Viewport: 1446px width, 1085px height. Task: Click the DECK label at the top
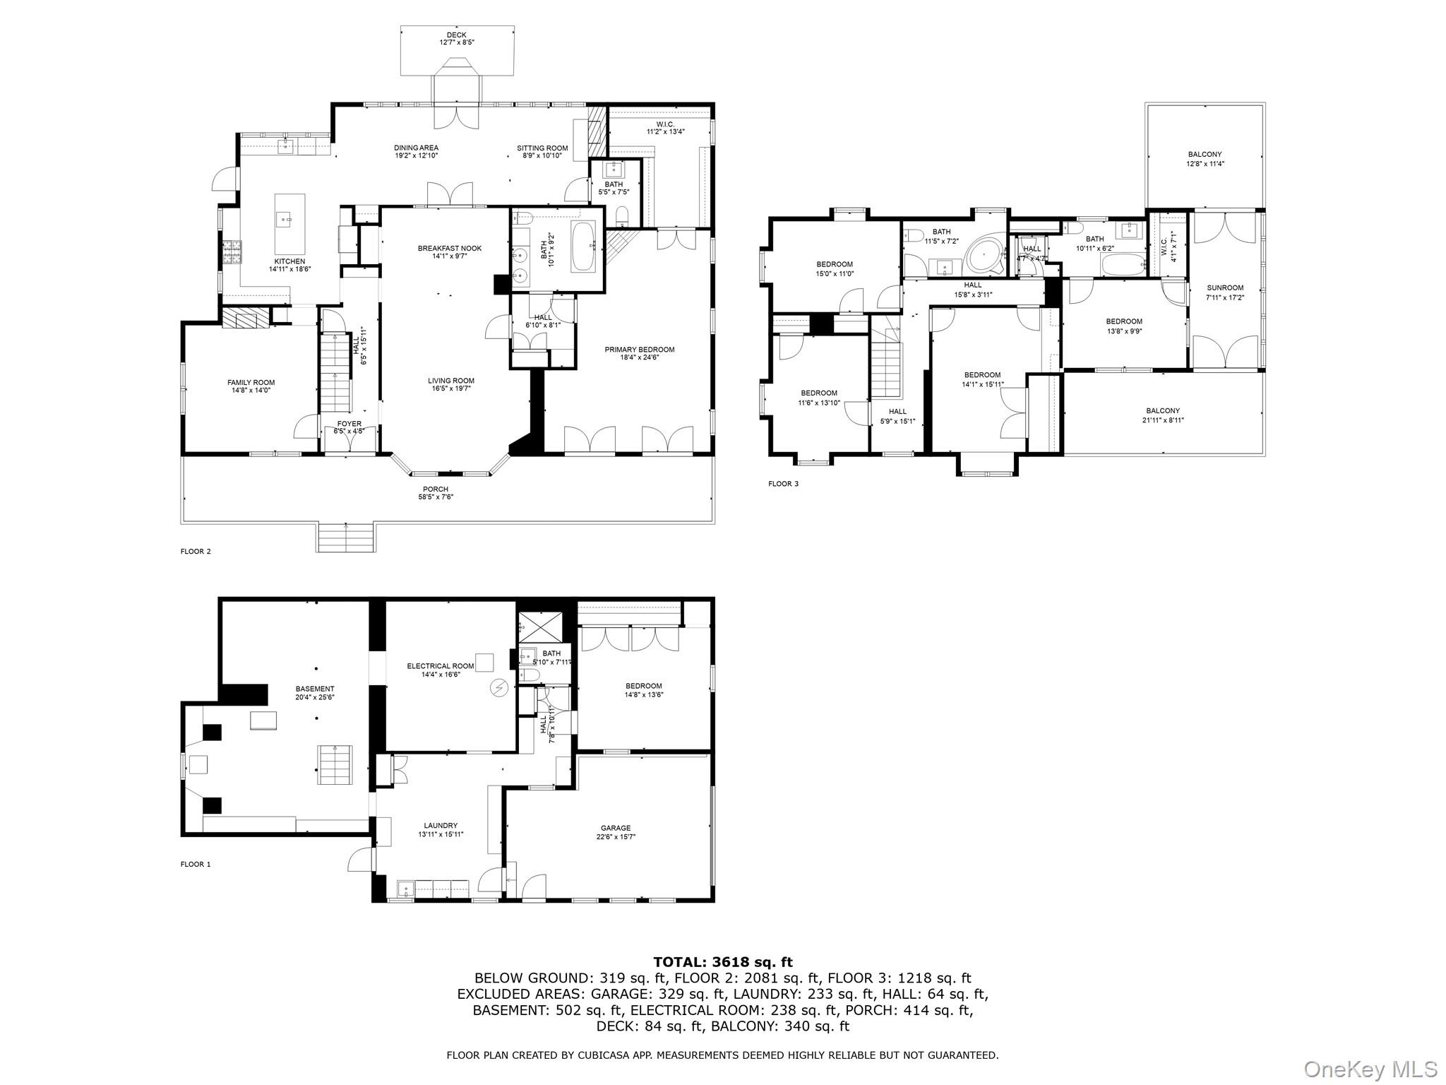(x=456, y=35)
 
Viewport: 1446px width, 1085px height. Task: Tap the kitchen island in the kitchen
(x=289, y=224)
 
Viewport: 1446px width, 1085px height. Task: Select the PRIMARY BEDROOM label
(x=639, y=350)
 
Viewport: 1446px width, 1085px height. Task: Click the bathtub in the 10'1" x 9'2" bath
(x=583, y=247)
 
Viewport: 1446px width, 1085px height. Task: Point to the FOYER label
(x=349, y=424)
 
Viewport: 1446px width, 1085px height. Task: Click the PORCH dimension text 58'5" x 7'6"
(x=436, y=497)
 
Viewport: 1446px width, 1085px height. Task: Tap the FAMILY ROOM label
(x=251, y=383)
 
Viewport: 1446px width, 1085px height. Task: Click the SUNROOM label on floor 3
(x=1225, y=287)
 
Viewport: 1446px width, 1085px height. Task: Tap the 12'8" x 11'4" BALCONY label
(x=1205, y=155)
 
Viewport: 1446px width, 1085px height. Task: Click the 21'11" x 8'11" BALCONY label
(x=1162, y=411)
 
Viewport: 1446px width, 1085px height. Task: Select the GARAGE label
(x=616, y=828)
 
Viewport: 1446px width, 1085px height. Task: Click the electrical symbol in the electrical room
(x=499, y=687)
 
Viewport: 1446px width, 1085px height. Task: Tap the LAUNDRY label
(x=441, y=825)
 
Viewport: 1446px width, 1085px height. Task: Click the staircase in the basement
(x=334, y=764)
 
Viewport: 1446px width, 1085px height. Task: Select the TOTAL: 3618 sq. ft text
(x=722, y=962)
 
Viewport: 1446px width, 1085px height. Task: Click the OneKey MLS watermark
(x=1370, y=1069)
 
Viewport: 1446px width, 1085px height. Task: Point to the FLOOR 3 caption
(x=783, y=484)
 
